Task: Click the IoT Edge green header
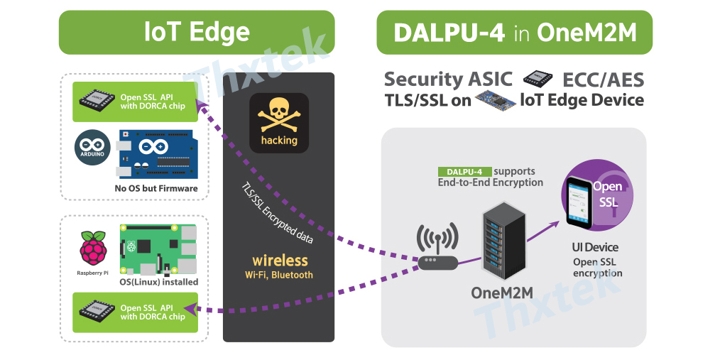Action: [197, 32]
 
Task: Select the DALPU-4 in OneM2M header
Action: [514, 32]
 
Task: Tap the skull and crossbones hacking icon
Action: [279, 121]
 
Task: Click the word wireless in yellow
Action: [280, 261]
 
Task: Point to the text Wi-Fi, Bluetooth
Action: [279, 275]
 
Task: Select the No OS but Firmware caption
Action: [156, 189]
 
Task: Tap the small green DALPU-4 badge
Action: [464, 172]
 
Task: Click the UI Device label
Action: [595, 248]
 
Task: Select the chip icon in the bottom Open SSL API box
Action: [95, 312]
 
